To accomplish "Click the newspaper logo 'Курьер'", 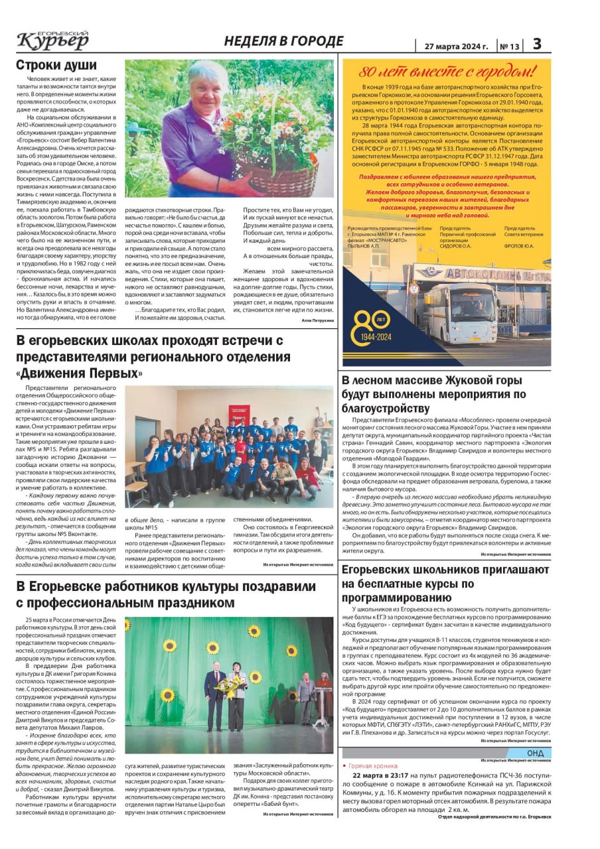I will [x=52, y=41].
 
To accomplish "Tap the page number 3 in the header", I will [x=537, y=44].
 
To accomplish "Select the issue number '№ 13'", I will [x=510, y=46].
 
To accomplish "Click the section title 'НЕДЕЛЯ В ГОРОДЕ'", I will [x=283, y=41].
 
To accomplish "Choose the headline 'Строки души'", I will [x=56, y=66].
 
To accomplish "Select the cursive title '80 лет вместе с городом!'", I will [x=446, y=72].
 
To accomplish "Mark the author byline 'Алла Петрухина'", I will [x=318, y=320].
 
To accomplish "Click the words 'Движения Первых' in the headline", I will [x=80, y=373].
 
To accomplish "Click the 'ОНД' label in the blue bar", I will [x=535, y=753].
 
